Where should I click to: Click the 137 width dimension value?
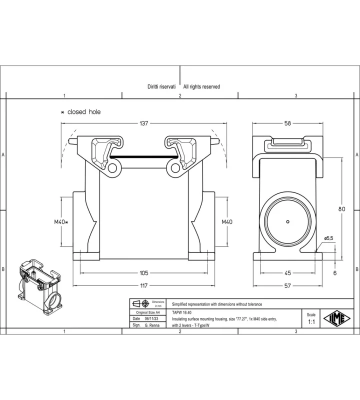pyautogui.click(x=143, y=123)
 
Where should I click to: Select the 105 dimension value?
pyautogui.click(x=143, y=273)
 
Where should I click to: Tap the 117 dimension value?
pyautogui.click(x=144, y=285)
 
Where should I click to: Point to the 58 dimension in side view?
pyautogui.click(x=287, y=123)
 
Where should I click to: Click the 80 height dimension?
pyautogui.click(x=341, y=209)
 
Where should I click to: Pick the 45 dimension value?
pyautogui.click(x=287, y=273)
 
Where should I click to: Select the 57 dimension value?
pyautogui.click(x=287, y=285)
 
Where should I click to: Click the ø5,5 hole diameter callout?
pyautogui.click(x=328, y=238)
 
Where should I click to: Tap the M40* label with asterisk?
pyautogui.click(x=61, y=222)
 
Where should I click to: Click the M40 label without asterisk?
pyautogui.click(x=227, y=222)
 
